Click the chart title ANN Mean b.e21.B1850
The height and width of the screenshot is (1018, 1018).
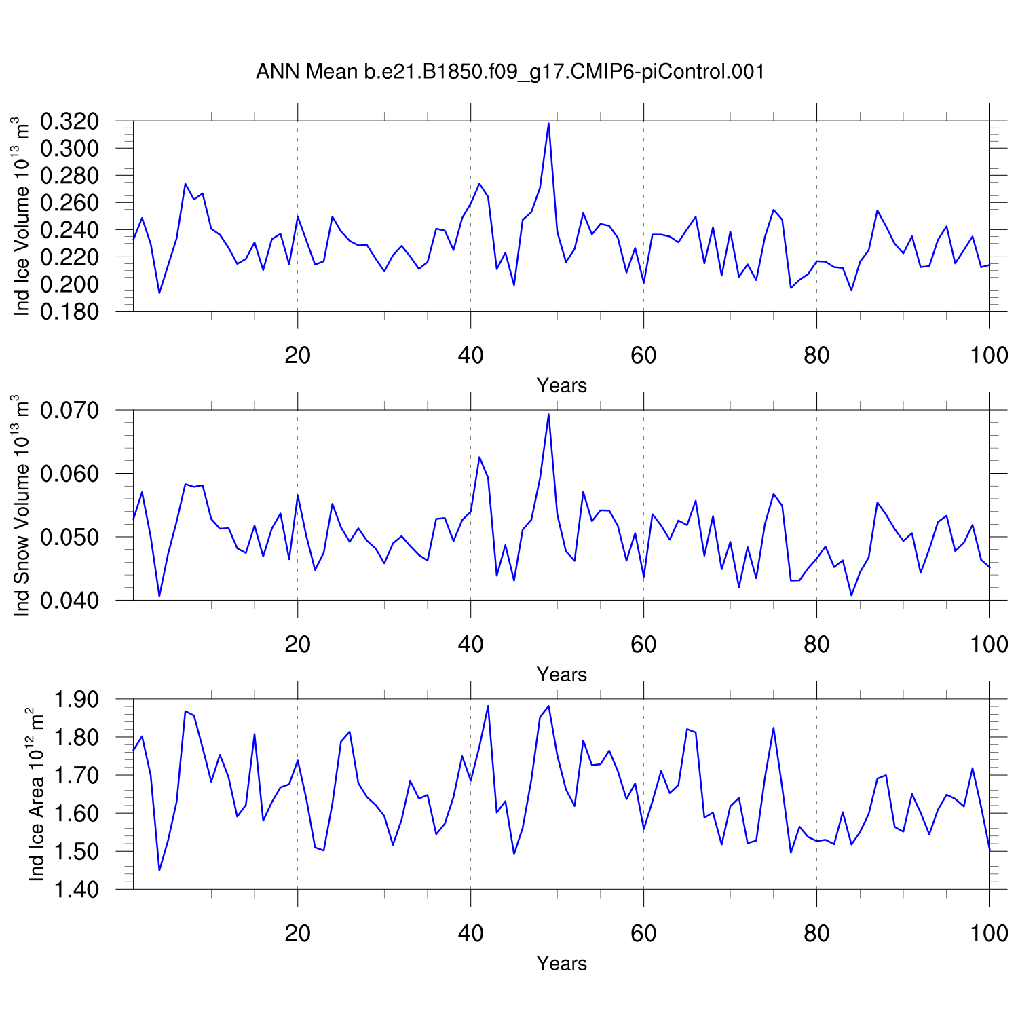tap(510, 71)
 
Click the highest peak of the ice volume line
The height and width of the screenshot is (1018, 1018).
tap(548, 124)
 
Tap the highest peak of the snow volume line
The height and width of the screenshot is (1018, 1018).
tap(548, 414)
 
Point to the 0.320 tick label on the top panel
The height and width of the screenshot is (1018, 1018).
tap(69, 121)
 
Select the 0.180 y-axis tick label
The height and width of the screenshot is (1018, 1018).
tap(69, 312)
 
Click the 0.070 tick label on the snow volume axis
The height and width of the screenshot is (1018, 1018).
tap(69, 411)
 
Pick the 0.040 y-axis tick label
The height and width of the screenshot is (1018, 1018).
tap(69, 601)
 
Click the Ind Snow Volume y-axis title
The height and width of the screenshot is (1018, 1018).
tap(22, 505)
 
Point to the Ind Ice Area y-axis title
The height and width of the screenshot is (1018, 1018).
tap(35, 794)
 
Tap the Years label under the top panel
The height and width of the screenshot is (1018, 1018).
tap(561, 385)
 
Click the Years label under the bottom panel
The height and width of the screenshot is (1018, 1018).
tap(561, 964)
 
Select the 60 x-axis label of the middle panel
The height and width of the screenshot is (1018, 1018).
tap(643, 644)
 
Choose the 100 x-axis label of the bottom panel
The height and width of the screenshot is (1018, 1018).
tap(989, 933)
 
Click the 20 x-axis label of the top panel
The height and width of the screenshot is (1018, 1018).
tap(297, 355)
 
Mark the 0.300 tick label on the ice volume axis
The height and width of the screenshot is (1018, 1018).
tap(69, 149)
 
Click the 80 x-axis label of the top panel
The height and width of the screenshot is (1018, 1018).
tap(816, 355)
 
